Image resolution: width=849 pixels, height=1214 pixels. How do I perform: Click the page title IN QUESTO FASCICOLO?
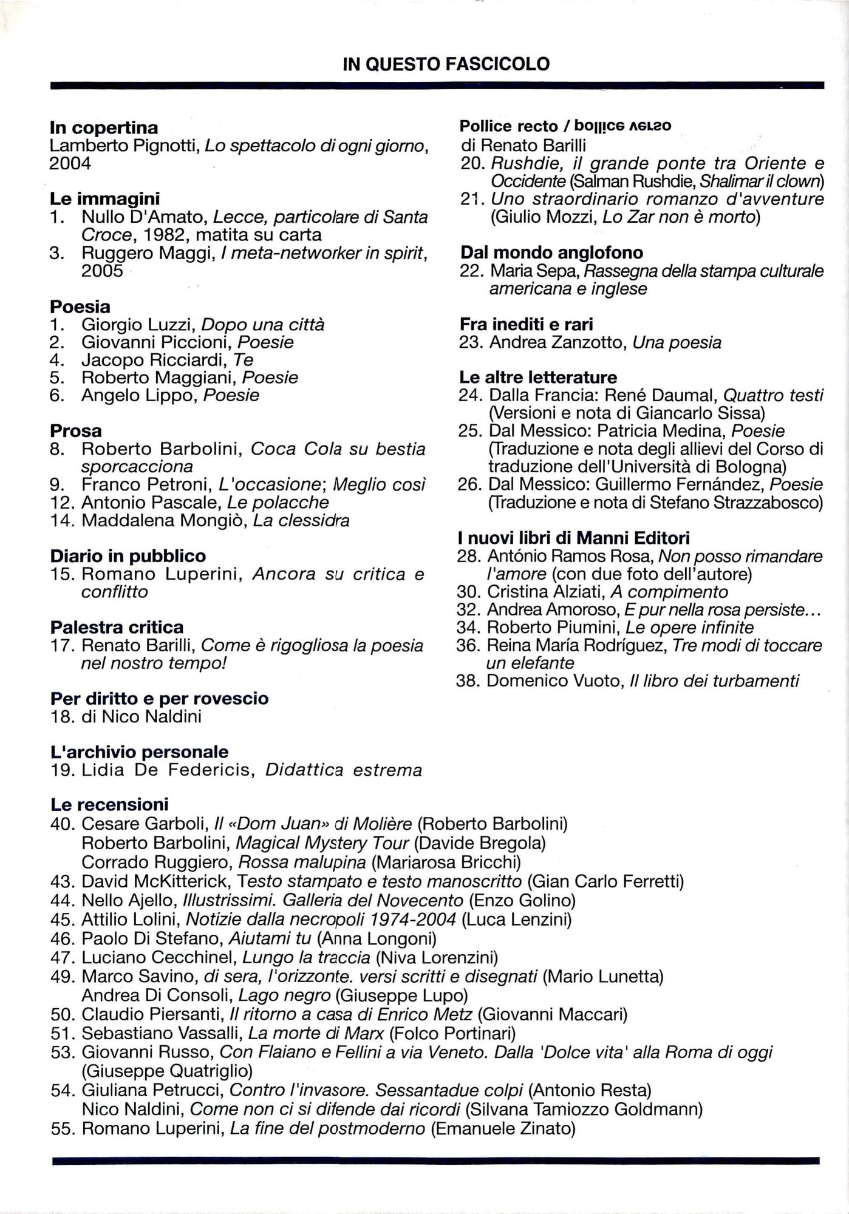click(446, 64)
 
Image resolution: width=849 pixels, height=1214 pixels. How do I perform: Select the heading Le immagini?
click(104, 198)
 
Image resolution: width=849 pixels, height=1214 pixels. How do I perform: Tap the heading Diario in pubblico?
click(128, 556)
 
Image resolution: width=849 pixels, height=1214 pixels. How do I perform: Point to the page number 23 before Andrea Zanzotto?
click(469, 342)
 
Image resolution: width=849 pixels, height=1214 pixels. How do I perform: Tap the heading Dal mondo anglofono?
click(551, 253)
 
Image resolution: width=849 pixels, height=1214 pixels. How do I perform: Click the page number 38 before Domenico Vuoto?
click(467, 681)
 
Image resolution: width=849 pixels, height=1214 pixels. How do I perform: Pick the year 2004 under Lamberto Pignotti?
click(70, 163)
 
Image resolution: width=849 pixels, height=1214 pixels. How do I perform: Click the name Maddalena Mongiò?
click(164, 520)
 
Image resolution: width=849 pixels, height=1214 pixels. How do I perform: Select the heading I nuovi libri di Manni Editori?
click(574, 538)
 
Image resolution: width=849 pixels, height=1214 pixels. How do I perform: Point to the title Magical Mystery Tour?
click(322, 843)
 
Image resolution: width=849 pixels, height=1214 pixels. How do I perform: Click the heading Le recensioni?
click(109, 805)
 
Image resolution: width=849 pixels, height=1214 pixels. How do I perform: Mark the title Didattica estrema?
click(344, 770)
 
